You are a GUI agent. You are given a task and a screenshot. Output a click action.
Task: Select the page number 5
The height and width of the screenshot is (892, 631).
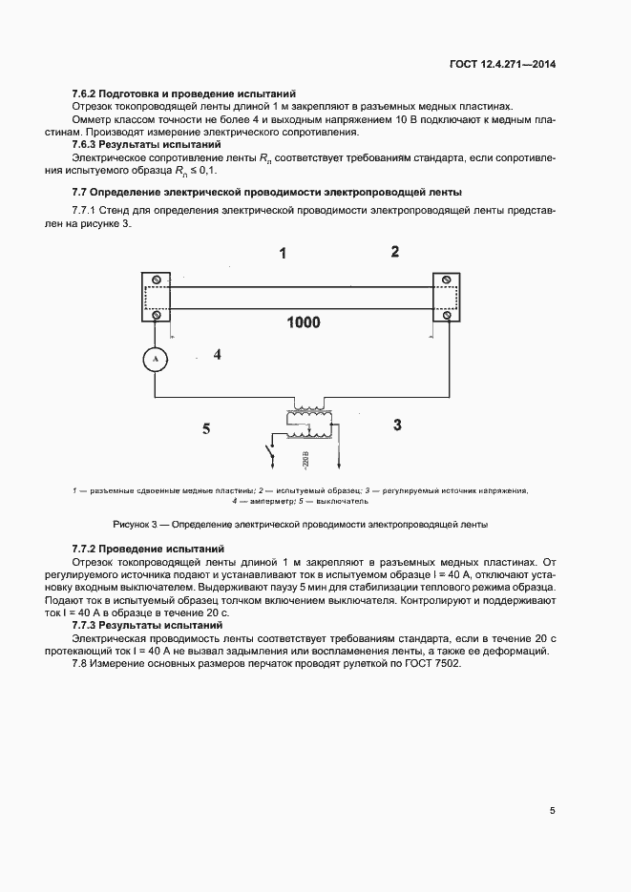[x=553, y=811]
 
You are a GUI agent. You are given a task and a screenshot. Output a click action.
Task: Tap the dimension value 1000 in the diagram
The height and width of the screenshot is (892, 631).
[x=303, y=322]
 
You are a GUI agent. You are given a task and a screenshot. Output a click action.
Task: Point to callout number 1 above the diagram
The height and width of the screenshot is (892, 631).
[x=283, y=254]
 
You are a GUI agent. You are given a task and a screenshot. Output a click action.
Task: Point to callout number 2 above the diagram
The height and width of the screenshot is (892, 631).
[x=394, y=252]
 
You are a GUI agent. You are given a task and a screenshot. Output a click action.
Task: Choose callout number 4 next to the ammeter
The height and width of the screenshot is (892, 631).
[x=218, y=355]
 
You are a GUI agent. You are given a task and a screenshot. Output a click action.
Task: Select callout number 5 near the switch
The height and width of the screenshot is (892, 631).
[x=205, y=429]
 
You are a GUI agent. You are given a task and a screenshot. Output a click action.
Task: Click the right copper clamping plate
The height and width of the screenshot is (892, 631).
[x=447, y=298]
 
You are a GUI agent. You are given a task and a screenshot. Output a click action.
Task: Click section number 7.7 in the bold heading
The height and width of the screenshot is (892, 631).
[x=80, y=191]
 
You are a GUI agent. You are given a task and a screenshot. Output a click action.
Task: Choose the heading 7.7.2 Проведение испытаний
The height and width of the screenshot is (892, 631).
[x=148, y=550]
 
